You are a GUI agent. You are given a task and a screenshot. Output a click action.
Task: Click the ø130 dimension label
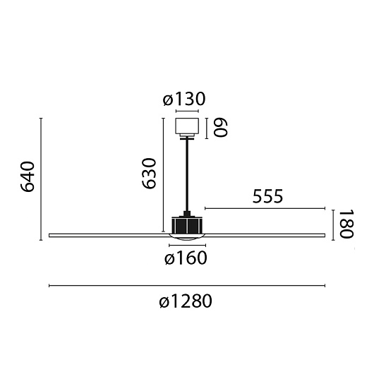184,99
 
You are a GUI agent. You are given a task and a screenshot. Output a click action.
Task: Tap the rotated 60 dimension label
220,128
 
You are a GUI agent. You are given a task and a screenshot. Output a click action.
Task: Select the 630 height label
149,173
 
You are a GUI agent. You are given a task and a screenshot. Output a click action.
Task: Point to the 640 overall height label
28,176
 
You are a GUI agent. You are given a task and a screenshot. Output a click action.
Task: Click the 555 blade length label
267,196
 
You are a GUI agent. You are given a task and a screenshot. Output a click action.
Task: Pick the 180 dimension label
346,224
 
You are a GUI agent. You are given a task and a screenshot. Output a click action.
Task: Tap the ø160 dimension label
186,258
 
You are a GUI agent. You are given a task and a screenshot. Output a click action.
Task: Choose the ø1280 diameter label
186,301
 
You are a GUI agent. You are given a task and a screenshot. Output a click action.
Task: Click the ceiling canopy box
187,126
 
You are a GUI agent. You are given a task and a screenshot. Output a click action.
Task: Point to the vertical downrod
187,175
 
